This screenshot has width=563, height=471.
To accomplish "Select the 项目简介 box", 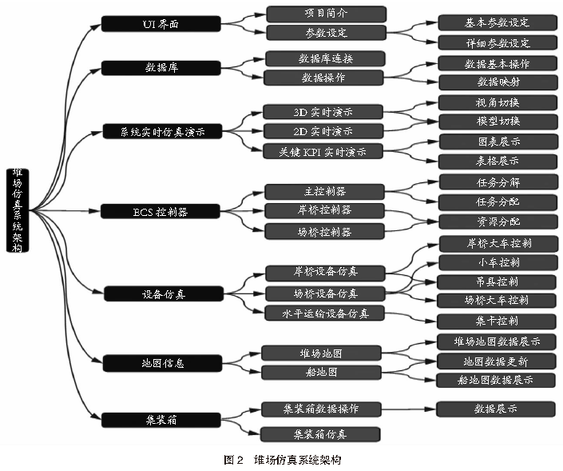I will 326,14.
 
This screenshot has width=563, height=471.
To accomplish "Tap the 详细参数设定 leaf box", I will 497,42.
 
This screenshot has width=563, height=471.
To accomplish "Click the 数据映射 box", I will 497,82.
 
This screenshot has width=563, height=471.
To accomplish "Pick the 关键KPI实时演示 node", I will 326,150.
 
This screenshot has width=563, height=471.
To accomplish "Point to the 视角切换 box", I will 497,102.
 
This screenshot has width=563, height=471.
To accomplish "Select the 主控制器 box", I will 325,192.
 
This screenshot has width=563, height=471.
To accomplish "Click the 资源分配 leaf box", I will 497,222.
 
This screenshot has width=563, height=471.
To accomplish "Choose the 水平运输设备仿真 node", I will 326,313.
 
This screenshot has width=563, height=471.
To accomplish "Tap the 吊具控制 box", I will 497,281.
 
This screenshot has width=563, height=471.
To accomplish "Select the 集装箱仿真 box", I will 320,434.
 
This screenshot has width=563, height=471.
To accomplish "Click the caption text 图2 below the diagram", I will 234,460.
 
